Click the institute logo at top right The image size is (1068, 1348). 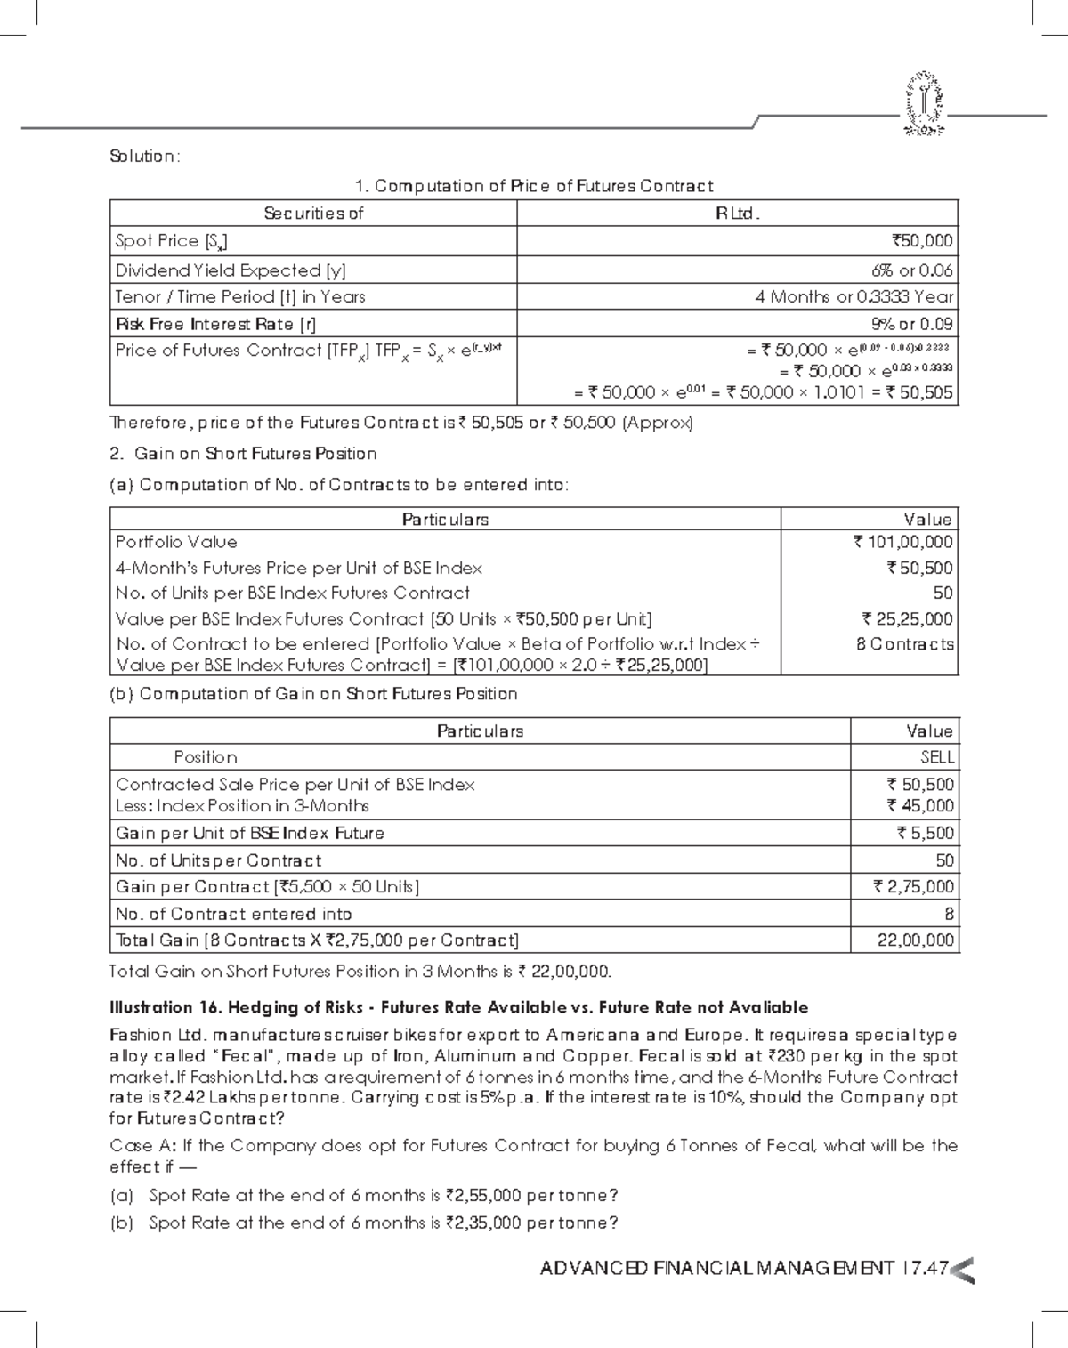click(x=925, y=105)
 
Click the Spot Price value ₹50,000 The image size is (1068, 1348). click(x=922, y=241)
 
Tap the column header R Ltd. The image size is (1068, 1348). click(x=737, y=214)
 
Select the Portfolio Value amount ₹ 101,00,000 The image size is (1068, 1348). click(x=902, y=542)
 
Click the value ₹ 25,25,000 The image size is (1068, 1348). click(x=907, y=619)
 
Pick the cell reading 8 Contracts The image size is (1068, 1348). click(x=904, y=644)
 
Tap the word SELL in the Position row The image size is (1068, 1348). click(x=936, y=758)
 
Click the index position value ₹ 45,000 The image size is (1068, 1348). click(x=920, y=806)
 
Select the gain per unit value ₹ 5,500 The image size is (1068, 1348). click(x=925, y=834)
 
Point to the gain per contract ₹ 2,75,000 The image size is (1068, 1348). click(x=913, y=887)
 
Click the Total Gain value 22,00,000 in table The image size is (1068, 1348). click(x=915, y=940)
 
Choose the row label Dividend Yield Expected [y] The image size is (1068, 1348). click(x=231, y=270)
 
